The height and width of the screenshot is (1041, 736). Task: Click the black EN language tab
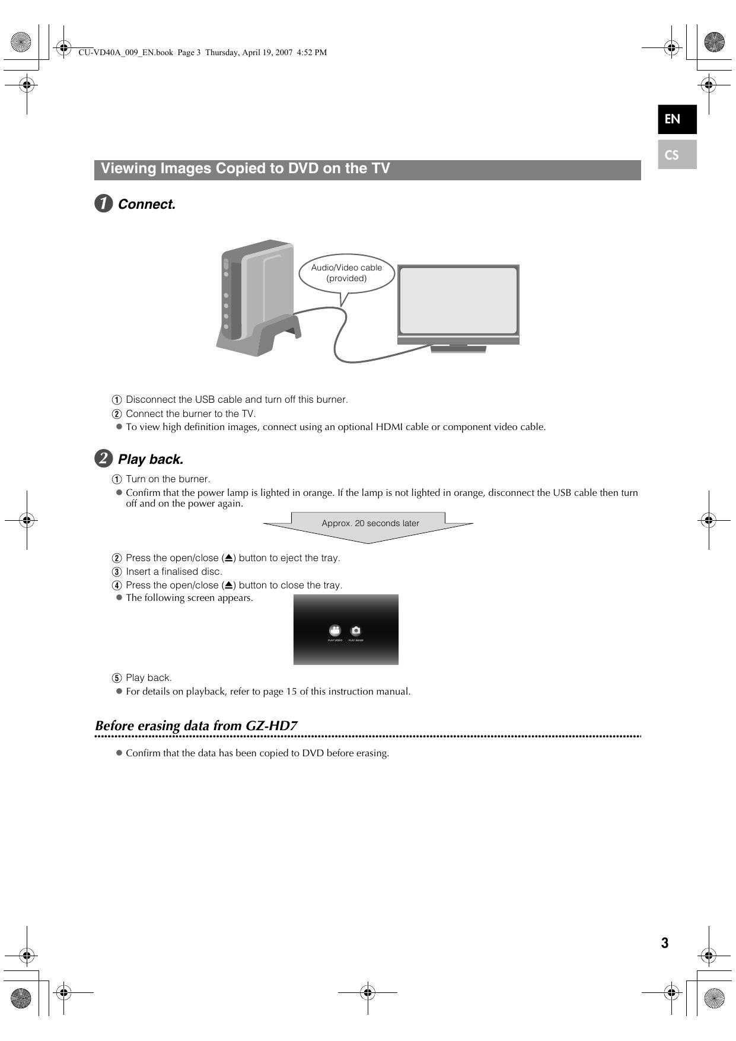click(x=677, y=119)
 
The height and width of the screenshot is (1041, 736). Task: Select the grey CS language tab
click(x=677, y=155)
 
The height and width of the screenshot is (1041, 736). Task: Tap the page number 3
click(x=665, y=943)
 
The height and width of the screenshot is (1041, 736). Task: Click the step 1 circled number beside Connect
click(x=104, y=204)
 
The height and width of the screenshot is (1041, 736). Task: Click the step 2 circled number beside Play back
click(x=104, y=459)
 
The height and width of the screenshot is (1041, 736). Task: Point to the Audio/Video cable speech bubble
click(x=346, y=273)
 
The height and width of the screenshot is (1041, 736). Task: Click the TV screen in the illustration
click(x=458, y=300)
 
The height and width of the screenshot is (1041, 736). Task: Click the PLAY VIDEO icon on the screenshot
click(x=335, y=631)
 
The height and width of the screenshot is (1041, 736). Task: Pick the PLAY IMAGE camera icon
click(x=356, y=631)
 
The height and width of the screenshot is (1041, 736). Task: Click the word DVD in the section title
click(x=303, y=168)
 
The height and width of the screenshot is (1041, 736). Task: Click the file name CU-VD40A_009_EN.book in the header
click(x=126, y=52)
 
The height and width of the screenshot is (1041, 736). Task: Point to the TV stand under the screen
click(x=458, y=348)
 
